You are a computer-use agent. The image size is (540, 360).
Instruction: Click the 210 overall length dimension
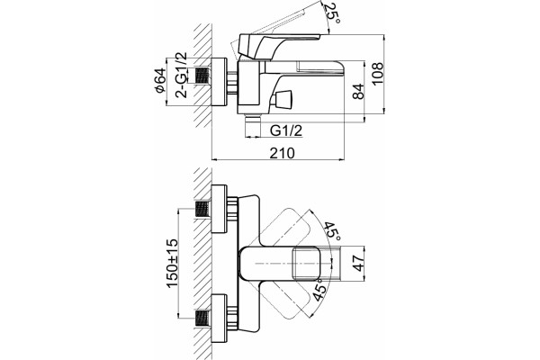(282, 153)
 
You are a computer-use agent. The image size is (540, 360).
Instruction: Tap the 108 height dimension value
(377, 73)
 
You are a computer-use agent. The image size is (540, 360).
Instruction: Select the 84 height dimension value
(358, 91)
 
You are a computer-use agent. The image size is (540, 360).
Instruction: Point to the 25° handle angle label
(332, 13)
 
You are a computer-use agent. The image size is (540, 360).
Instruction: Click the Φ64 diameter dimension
(160, 81)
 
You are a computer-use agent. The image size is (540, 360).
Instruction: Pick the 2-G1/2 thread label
(181, 75)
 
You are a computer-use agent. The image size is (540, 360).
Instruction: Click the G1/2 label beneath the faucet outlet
(286, 130)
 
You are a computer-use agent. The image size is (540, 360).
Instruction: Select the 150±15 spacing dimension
(172, 263)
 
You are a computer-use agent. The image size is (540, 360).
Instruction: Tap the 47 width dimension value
(359, 263)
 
